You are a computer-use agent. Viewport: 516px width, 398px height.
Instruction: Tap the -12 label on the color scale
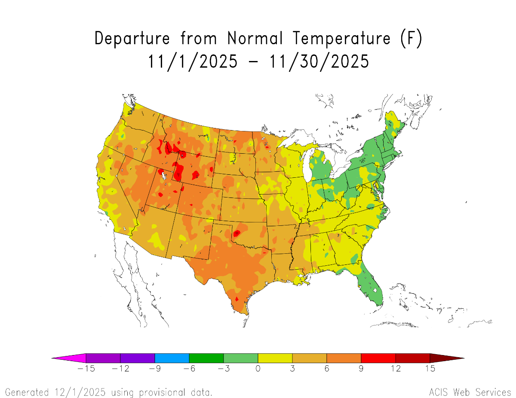tap(120, 368)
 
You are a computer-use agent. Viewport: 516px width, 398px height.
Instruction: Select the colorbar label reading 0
tap(258, 368)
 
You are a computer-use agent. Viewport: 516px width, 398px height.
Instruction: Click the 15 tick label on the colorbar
tap(430, 368)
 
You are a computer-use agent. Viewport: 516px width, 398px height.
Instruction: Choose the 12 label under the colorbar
tap(396, 368)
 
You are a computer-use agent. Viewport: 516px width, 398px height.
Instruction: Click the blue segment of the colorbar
tap(172, 358)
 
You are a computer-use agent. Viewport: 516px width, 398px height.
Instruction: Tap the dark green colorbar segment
tap(206, 358)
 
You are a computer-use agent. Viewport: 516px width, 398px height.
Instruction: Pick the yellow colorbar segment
tap(275, 358)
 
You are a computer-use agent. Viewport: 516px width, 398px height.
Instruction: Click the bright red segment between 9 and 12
tap(378, 358)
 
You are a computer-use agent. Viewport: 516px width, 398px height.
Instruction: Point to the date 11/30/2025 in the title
tap(319, 61)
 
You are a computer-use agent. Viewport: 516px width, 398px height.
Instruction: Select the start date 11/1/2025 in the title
tap(192, 61)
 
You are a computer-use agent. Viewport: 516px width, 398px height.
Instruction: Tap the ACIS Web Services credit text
tap(470, 392)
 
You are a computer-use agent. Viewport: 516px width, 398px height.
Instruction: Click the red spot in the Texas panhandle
tap(236, 234)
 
